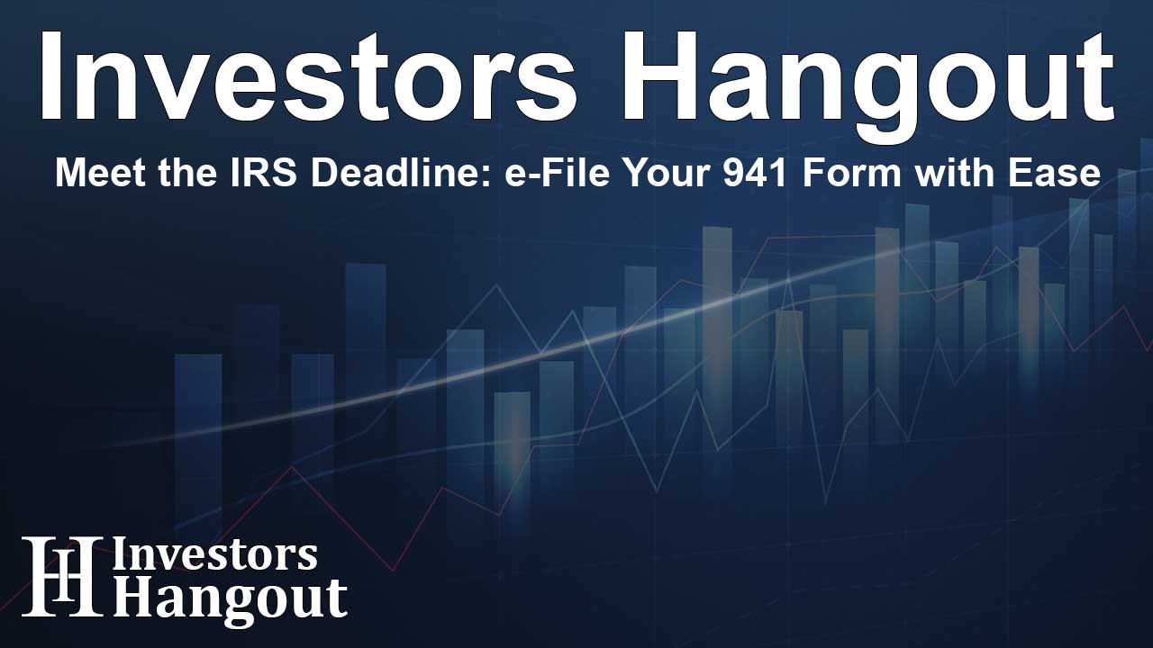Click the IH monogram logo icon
(61, 577)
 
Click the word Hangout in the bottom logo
(230, 597)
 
